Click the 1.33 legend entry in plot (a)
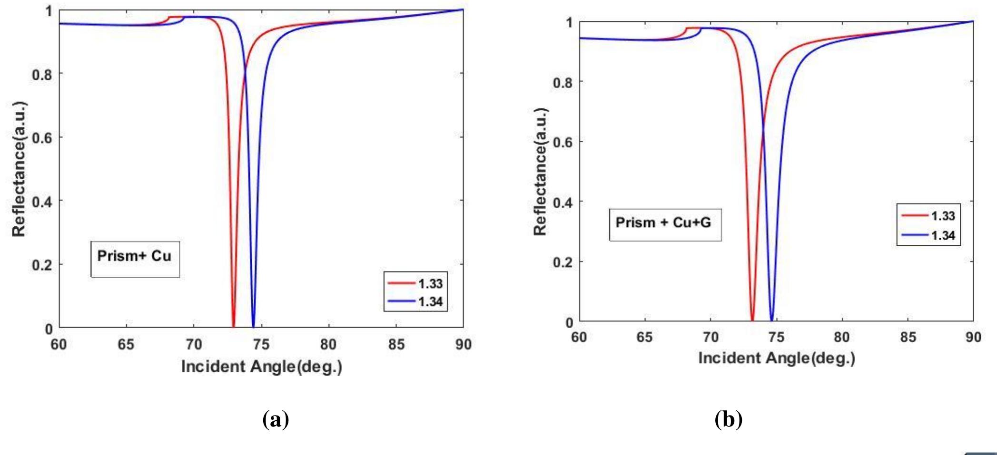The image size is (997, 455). (x=415, y=284)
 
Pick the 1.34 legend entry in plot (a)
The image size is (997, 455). (x=415, y=302)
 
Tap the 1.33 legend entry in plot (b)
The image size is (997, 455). (x=928, y=216)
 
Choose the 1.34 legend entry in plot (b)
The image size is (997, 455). (x=928, y=235)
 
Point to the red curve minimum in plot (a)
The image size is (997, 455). (x=233, y=325)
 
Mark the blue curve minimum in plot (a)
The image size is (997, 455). (x=253, y=325)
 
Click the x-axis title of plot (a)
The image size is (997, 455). (x=261, y=367)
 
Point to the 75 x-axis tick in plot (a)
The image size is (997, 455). (x=261, y=344)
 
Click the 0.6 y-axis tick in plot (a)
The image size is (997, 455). (x=42, y=137)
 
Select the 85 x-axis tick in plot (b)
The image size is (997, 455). (x=908, y=338)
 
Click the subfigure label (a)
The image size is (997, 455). (x=276, y=420)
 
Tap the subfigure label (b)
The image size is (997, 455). (x=729, y=420)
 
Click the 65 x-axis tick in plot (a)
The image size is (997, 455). (x=126, y=344)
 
